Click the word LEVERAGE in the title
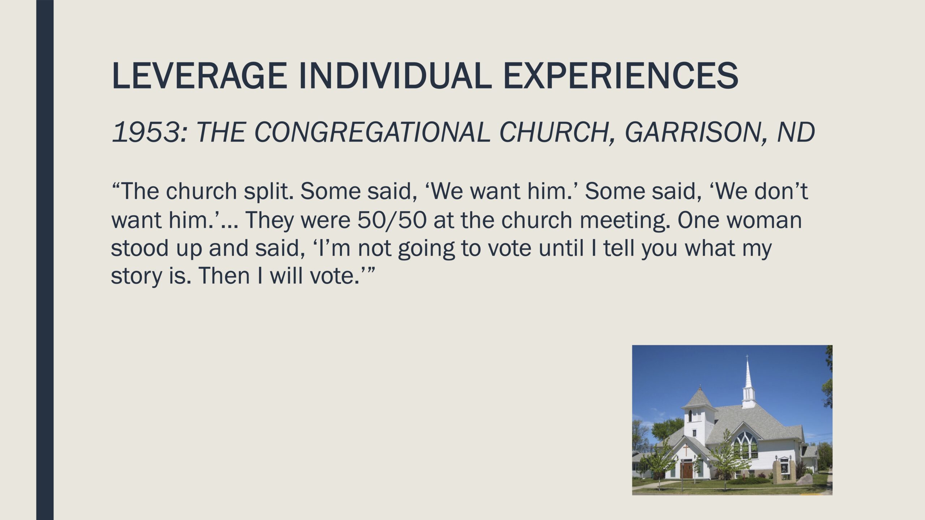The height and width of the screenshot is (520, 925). coord(200,76)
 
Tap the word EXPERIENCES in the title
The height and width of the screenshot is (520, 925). coord(620,76)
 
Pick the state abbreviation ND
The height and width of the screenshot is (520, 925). coord(796,132)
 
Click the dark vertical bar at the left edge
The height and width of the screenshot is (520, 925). coord(45,260)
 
